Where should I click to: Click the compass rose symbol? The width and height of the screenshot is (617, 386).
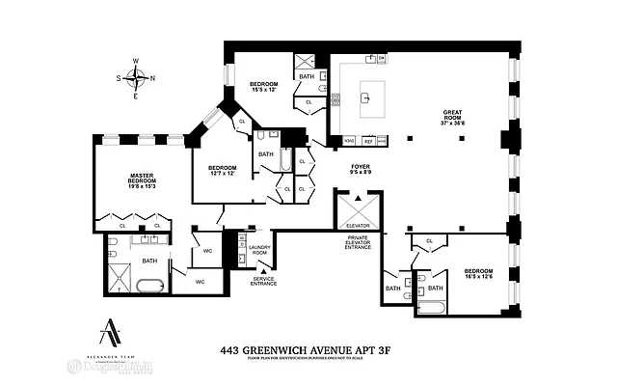(136, 78)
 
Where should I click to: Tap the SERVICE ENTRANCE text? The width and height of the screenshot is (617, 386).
(263, 281)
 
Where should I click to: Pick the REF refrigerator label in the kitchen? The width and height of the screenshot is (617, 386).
(368, 141)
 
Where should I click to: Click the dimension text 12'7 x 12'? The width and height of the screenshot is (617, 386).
(223, 174)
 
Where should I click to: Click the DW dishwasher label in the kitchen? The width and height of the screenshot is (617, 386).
(382, 59)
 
